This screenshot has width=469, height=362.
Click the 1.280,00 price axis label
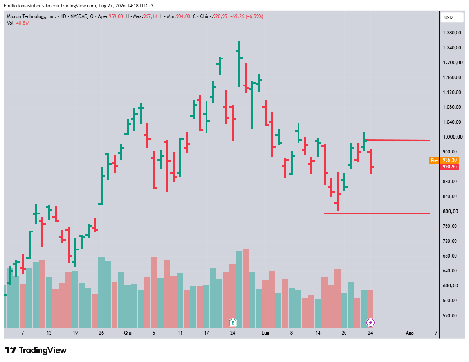click(452, 33)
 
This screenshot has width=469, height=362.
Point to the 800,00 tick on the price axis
click(451, 211)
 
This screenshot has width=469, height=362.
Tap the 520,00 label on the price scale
click(451, 316)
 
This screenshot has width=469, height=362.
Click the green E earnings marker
click(233, 323)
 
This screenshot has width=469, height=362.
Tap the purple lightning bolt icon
click(371, 323)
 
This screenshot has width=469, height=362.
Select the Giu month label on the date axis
click(128, 333)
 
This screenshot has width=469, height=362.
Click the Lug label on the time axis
click(265, 333)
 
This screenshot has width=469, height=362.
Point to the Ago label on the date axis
click(409, 333)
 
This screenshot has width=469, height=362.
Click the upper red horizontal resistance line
click(397, 140)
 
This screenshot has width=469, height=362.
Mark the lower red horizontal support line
click(377, 213)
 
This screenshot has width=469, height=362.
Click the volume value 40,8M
click(23, 23)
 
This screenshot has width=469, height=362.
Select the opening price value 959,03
click(116, 17)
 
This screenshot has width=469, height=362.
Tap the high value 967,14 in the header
click(150, 17)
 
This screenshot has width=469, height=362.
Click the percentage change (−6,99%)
click(254, 17)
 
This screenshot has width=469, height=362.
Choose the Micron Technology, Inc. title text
click(31, 17)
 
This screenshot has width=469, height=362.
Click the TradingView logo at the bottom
click(36, 350)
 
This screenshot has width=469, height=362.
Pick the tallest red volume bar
click(245, 288)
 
